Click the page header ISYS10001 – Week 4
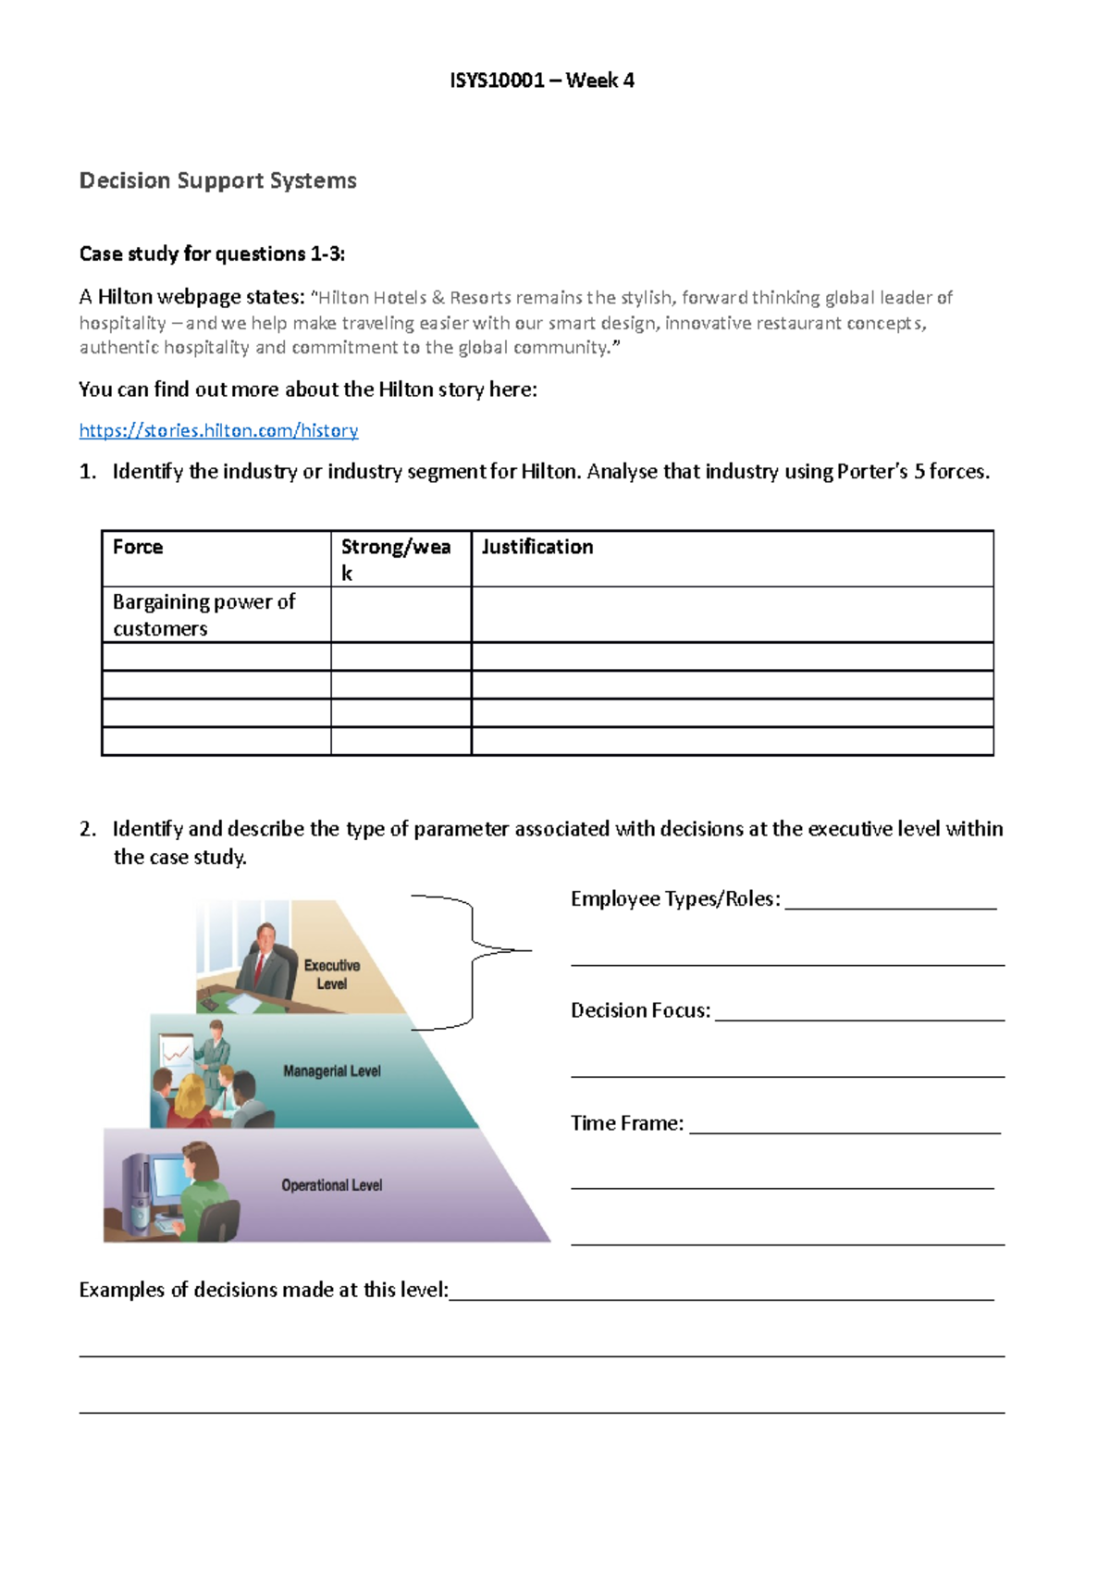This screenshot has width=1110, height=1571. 542,80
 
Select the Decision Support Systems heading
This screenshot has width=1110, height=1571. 217,180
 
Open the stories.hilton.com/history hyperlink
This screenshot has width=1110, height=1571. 218,430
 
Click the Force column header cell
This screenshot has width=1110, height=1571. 138,547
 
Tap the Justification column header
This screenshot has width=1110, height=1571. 537,547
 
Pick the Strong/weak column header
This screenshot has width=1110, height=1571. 396,558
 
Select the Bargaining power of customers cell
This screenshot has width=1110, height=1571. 203,614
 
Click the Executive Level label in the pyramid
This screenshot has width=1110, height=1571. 331,974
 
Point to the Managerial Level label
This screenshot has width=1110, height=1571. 331,1071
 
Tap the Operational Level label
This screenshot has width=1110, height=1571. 331,1185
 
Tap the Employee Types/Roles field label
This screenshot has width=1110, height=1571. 675,899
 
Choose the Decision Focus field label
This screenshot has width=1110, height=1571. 640,1010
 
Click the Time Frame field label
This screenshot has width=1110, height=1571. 626,1123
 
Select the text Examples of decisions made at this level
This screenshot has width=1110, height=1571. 264,1290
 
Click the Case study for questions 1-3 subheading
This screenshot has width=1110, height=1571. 212,254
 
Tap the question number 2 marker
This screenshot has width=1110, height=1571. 87,829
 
